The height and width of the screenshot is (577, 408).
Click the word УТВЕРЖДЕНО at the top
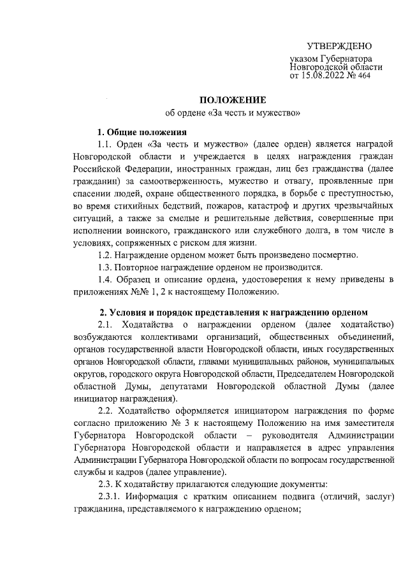[339, 46]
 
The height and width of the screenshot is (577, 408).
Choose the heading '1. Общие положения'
[142, 132]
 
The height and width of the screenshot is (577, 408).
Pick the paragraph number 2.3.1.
[111, 497]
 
